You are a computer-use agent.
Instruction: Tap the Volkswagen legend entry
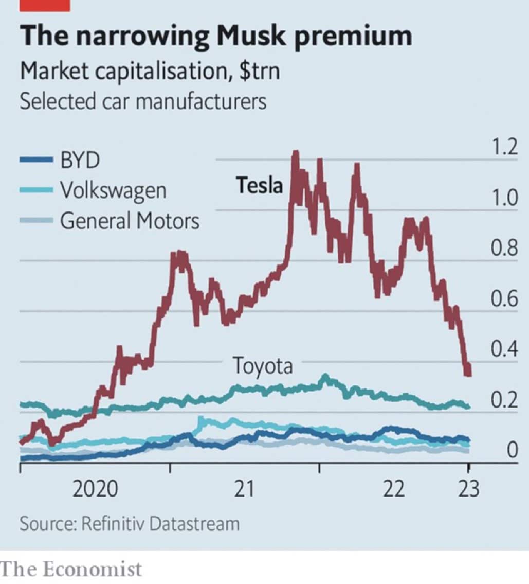(113, 190)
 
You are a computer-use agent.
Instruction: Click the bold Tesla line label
(259, 185)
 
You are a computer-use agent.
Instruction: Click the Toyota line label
(263, 366)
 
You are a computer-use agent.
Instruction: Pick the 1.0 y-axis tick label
(503, 198)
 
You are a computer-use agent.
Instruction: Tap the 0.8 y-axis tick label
(503, 249)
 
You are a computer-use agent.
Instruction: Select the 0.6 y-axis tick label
(503, 299)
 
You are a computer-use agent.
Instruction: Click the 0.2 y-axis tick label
(503, 400)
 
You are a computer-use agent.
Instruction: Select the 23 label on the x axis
(467, 489)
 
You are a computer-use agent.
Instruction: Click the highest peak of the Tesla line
(296, 153)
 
